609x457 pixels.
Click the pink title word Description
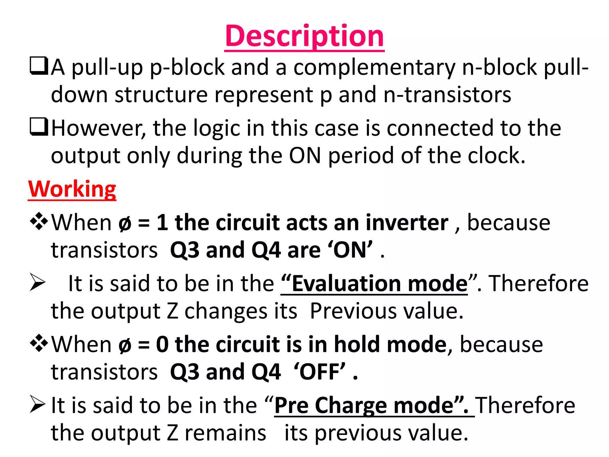(x=304, y=36)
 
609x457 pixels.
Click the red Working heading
(x=72, y=189)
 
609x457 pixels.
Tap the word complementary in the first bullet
(x=374, y=68)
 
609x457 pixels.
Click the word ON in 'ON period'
(x=305, y=156)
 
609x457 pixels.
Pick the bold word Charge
(x=351, y=406)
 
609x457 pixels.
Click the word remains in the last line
(x=225, y=433)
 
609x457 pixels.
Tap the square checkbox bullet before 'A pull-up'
(x=39, y=66)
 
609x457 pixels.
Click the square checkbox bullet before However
(x=39, y=127)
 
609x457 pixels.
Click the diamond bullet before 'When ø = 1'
(x=39, y=221)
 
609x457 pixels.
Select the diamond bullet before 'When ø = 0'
(x=39, y=343)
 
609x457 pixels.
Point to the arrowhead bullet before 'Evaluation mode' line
(x=37, y=282)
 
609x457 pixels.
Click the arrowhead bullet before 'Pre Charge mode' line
(x=37, y=404)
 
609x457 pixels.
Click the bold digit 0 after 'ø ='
(x=162, y=345)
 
